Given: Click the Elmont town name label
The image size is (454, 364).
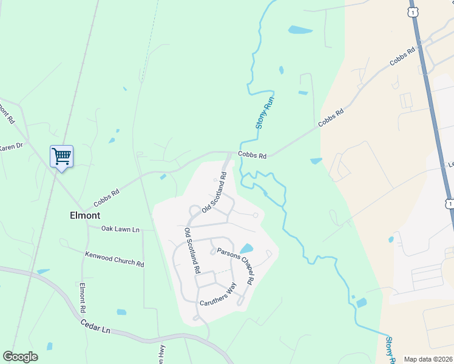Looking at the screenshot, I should click(x=85, y=215).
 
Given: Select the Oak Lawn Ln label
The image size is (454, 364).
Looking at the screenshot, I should click(x=120, y=229).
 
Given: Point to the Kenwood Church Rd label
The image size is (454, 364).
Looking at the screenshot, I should click(x=115, y=259).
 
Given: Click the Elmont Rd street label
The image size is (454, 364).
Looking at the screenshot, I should click(x=83, y=297).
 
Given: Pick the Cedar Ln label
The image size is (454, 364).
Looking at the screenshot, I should click(x=96, y=325).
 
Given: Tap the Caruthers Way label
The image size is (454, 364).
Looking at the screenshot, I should click(x=217, y=295).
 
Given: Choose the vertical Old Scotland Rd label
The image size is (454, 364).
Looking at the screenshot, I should click(x=192, y=251).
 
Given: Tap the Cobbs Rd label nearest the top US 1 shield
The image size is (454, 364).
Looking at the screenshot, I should click(x=402, y=58).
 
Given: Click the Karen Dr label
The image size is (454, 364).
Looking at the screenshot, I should click(x=11, y=146).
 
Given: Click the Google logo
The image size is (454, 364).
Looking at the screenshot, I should click(x=20, y=357).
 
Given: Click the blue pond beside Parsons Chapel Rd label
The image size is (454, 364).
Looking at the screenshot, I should click(x=246, y=249).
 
